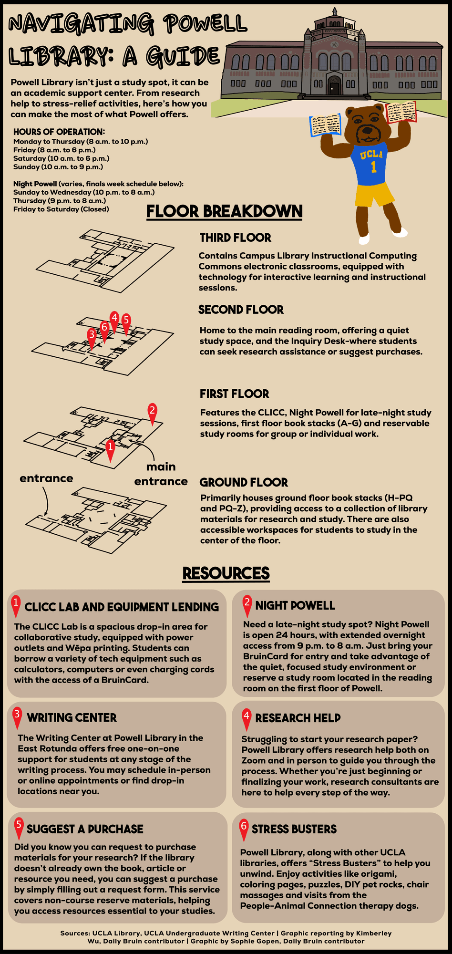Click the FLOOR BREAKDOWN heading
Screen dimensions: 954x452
tap(224, 211)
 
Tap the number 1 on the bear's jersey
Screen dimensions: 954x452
tap(373, 166)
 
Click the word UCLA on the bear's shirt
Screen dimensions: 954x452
tap(371, 155)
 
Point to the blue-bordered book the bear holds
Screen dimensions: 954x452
tap(326, 125)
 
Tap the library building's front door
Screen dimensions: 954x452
tap(334, 87)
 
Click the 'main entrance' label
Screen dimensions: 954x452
tap(161, 474)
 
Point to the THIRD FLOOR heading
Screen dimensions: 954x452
tap(236, 238)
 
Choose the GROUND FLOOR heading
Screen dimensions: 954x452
tap(244, 482)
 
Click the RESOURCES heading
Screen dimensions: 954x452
tap(226, 573)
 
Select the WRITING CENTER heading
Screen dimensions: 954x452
tap(72, 717)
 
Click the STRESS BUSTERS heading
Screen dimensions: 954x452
tap(294, 829)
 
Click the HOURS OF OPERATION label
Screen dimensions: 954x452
tap(59, 132)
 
